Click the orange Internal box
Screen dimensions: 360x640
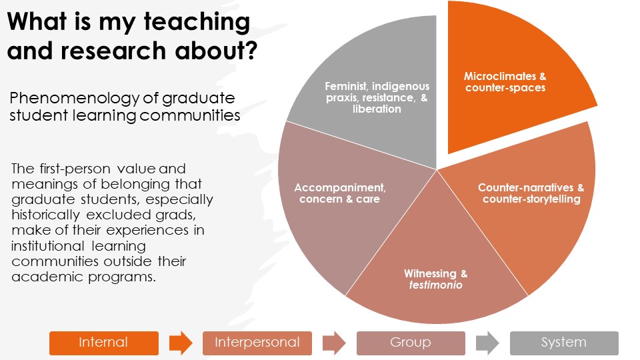pyautogui.click(x=103, y=343)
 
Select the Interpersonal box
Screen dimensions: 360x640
pyautogui.click(x=257, y=343)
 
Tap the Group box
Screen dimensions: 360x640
pyautogui.click(x=411, y=343)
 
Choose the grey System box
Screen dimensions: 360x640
pyautogui.click(x=564, y=343)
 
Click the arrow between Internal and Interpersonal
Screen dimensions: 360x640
pyautogui.click(x=180, y=343)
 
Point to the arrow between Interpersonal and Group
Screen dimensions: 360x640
pyautogui.click(x=334, y=343)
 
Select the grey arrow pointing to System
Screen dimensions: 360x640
pyautogui.click(x=487, y=343)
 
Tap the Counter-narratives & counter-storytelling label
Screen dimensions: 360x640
pyautogui.click(x=531, y=193)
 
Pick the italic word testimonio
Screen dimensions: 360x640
pyautogui.click(x=436, y=285)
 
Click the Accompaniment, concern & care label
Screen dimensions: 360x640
pyautogui.click(x=339, y=193)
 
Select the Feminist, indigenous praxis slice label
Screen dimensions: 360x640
pyautogui.click(x=377, y=97)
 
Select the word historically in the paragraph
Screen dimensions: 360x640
pyautogui.click(x=47, y=215)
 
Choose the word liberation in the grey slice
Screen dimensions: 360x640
pyautogui.click(x=377, y=109)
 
